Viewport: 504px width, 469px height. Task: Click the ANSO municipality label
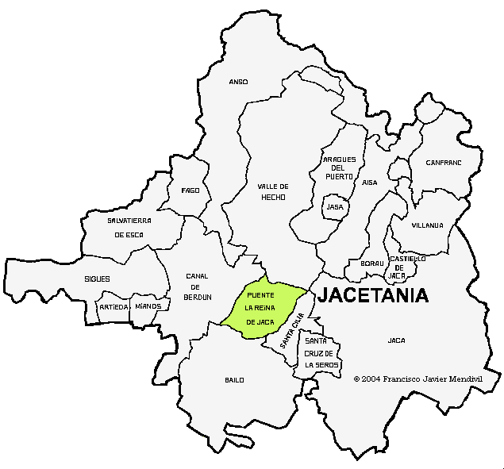click(238, 82)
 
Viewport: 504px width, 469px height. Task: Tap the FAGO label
click(190, 190)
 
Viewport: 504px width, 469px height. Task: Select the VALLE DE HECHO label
click(272, 191)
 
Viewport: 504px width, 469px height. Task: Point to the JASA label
click(335, 206)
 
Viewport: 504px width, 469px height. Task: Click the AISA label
click(370, 182)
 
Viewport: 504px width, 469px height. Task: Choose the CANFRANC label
click(443, 163)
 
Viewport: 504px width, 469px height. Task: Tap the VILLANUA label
click(427, 225)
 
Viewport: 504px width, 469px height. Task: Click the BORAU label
click(372, 263)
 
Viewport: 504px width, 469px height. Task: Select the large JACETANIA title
click(373, 296)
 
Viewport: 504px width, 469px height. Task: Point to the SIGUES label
click(97, 279)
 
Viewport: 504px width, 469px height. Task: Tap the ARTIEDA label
click(113, 306)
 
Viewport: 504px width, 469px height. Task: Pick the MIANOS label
click(148, 306)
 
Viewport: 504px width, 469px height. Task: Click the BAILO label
click(234, 380)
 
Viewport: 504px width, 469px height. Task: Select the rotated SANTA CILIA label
click(292, 332)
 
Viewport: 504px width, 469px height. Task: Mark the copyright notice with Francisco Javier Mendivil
click(417, 379)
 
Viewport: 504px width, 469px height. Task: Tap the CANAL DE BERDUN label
click(198, 286)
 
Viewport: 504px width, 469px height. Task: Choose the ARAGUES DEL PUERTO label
click(339, 167)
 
